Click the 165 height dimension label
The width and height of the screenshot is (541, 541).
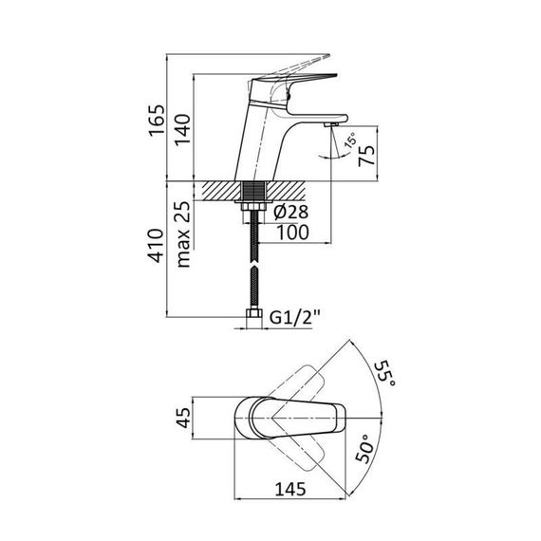click(157, 121)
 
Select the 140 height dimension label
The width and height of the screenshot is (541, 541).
click(182, 130)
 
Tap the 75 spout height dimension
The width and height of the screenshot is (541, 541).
click(366, 156)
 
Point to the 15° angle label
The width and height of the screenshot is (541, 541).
click(352, 140)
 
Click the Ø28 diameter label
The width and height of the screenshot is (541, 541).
click(290, 212)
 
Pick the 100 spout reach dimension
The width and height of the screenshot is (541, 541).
click(292, 233)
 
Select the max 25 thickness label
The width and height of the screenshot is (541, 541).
click(183, 234)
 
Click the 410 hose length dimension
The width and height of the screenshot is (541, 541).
click(156, 245)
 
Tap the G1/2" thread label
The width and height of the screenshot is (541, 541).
click(295, 317)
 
